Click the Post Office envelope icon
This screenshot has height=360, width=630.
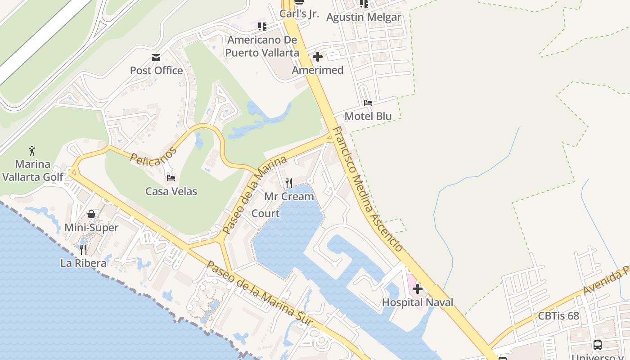coord(156,58)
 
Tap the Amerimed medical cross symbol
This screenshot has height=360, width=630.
coord(318,57)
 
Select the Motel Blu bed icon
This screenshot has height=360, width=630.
coord(368,103)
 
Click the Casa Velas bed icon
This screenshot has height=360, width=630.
coord(171,178)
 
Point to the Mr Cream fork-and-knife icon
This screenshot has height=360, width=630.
coord(289,183)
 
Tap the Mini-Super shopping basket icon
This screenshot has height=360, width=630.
coord(91,214)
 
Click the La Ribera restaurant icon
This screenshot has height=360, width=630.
coord(83,249)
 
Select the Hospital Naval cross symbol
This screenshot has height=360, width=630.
coord(418,289)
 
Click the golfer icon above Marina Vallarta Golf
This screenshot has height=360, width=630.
coord(32,151)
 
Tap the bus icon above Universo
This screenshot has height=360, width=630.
coord(598,345)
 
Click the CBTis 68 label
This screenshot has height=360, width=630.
coord(558,316)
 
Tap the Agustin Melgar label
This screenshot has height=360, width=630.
coord(364,18)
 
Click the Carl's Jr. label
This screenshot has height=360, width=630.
coord(299,13)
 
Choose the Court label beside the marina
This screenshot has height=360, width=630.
coord(265,213)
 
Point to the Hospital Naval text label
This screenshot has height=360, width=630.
coord(418,302)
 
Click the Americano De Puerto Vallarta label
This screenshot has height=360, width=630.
coord(262,46)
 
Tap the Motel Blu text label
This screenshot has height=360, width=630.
coord(368,116)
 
